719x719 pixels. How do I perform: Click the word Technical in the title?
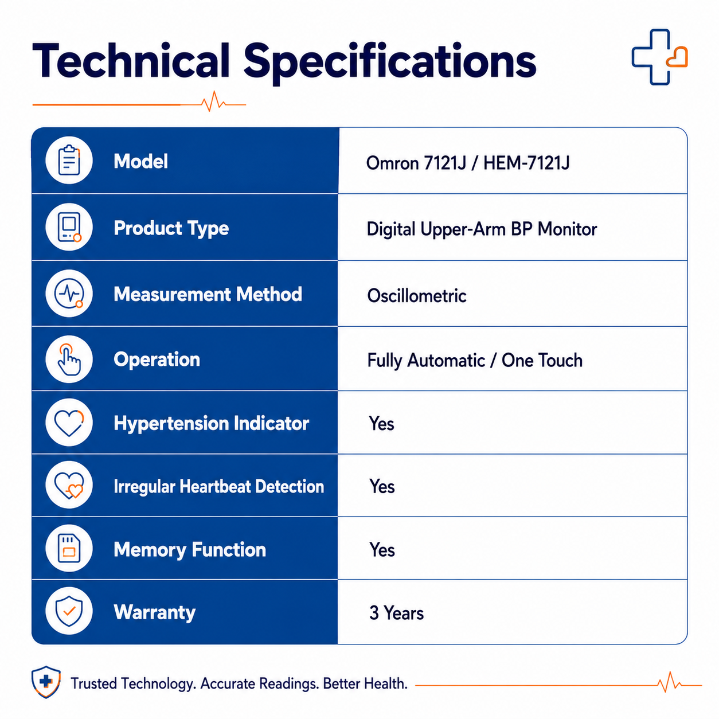131,60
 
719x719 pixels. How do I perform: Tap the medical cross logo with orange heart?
659,57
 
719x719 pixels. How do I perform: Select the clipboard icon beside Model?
69,160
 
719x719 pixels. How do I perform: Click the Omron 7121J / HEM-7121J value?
467,163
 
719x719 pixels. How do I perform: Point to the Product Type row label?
171,228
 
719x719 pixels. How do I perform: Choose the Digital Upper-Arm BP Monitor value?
482,229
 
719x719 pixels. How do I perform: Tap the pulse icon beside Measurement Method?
69,294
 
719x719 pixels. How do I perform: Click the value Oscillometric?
417,296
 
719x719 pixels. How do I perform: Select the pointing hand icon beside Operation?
69,359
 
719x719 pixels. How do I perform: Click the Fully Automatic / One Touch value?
475,361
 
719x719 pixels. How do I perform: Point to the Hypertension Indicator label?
212,424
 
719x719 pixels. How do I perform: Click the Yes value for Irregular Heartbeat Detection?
382,487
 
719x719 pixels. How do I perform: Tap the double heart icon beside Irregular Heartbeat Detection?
69,486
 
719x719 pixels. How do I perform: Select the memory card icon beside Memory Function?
69,548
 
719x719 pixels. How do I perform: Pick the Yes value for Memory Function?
382,550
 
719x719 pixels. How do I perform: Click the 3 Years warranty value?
397,613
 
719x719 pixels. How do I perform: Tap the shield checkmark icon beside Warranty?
69,611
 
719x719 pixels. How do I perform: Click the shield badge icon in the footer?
46,682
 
